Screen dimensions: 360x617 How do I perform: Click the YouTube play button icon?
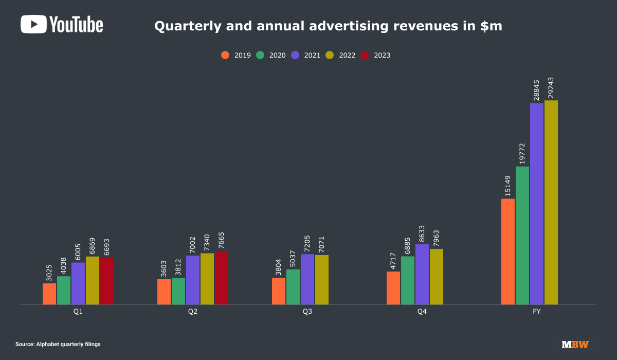point(33,24)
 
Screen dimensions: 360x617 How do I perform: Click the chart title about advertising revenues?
point(329,26)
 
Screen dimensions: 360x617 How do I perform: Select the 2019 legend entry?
point(236,55)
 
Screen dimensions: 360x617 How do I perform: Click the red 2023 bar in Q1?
point(107,281)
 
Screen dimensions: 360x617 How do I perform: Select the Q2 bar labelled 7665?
point(222,278)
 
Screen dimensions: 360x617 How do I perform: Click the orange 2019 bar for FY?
point(508,251)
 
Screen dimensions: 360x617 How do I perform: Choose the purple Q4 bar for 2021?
point(422,274)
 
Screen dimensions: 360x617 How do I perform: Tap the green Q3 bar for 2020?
point(293,286)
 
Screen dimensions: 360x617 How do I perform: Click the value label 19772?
point(522,149)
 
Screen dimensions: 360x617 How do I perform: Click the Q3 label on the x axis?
point(307,312)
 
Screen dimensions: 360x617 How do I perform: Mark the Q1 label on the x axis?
point(78,312)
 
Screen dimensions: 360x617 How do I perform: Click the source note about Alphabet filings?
point(58,344)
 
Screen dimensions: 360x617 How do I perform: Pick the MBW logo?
point(575,344)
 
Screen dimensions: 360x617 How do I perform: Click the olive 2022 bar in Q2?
point(207,279)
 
